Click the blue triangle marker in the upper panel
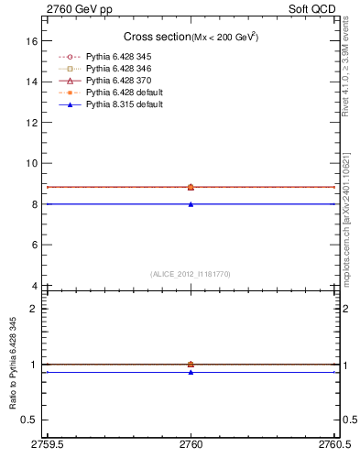click(x=191, y=204)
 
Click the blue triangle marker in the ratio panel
click(x=191, y=372)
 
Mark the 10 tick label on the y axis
click(x=33, y=163)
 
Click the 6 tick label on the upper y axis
click(x=35, y=245)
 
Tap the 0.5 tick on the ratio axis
click(x=31, y=420)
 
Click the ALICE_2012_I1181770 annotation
click(x=191, y=274)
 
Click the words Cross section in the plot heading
click(x=156, y=37)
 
